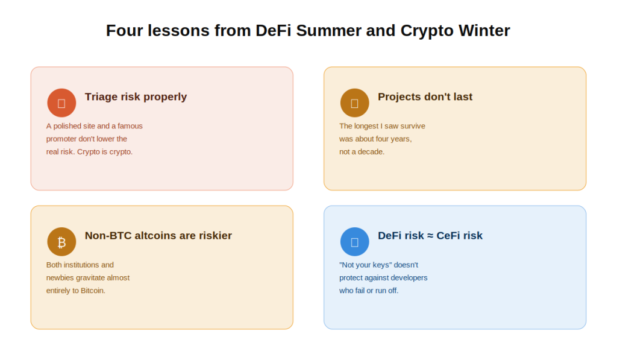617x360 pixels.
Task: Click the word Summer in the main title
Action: click(329, 31)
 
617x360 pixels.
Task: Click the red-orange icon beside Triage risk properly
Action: click(61, 103)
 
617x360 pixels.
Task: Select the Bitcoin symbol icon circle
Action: click(61, 242)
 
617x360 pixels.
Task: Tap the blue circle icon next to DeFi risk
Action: click(354, 242)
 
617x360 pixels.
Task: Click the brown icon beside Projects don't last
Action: click(354, 103)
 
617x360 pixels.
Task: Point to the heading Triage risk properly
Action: click(136, 97)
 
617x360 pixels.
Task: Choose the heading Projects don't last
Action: click(425, 97)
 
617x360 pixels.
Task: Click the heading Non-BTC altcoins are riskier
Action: click(158, 236)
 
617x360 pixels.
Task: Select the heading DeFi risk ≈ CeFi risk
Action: click(430, 236)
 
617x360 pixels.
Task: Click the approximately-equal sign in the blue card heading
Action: click(430, 236)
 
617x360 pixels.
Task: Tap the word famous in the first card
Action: click(130, 126)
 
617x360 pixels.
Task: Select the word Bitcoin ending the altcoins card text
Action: click(93, 291)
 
